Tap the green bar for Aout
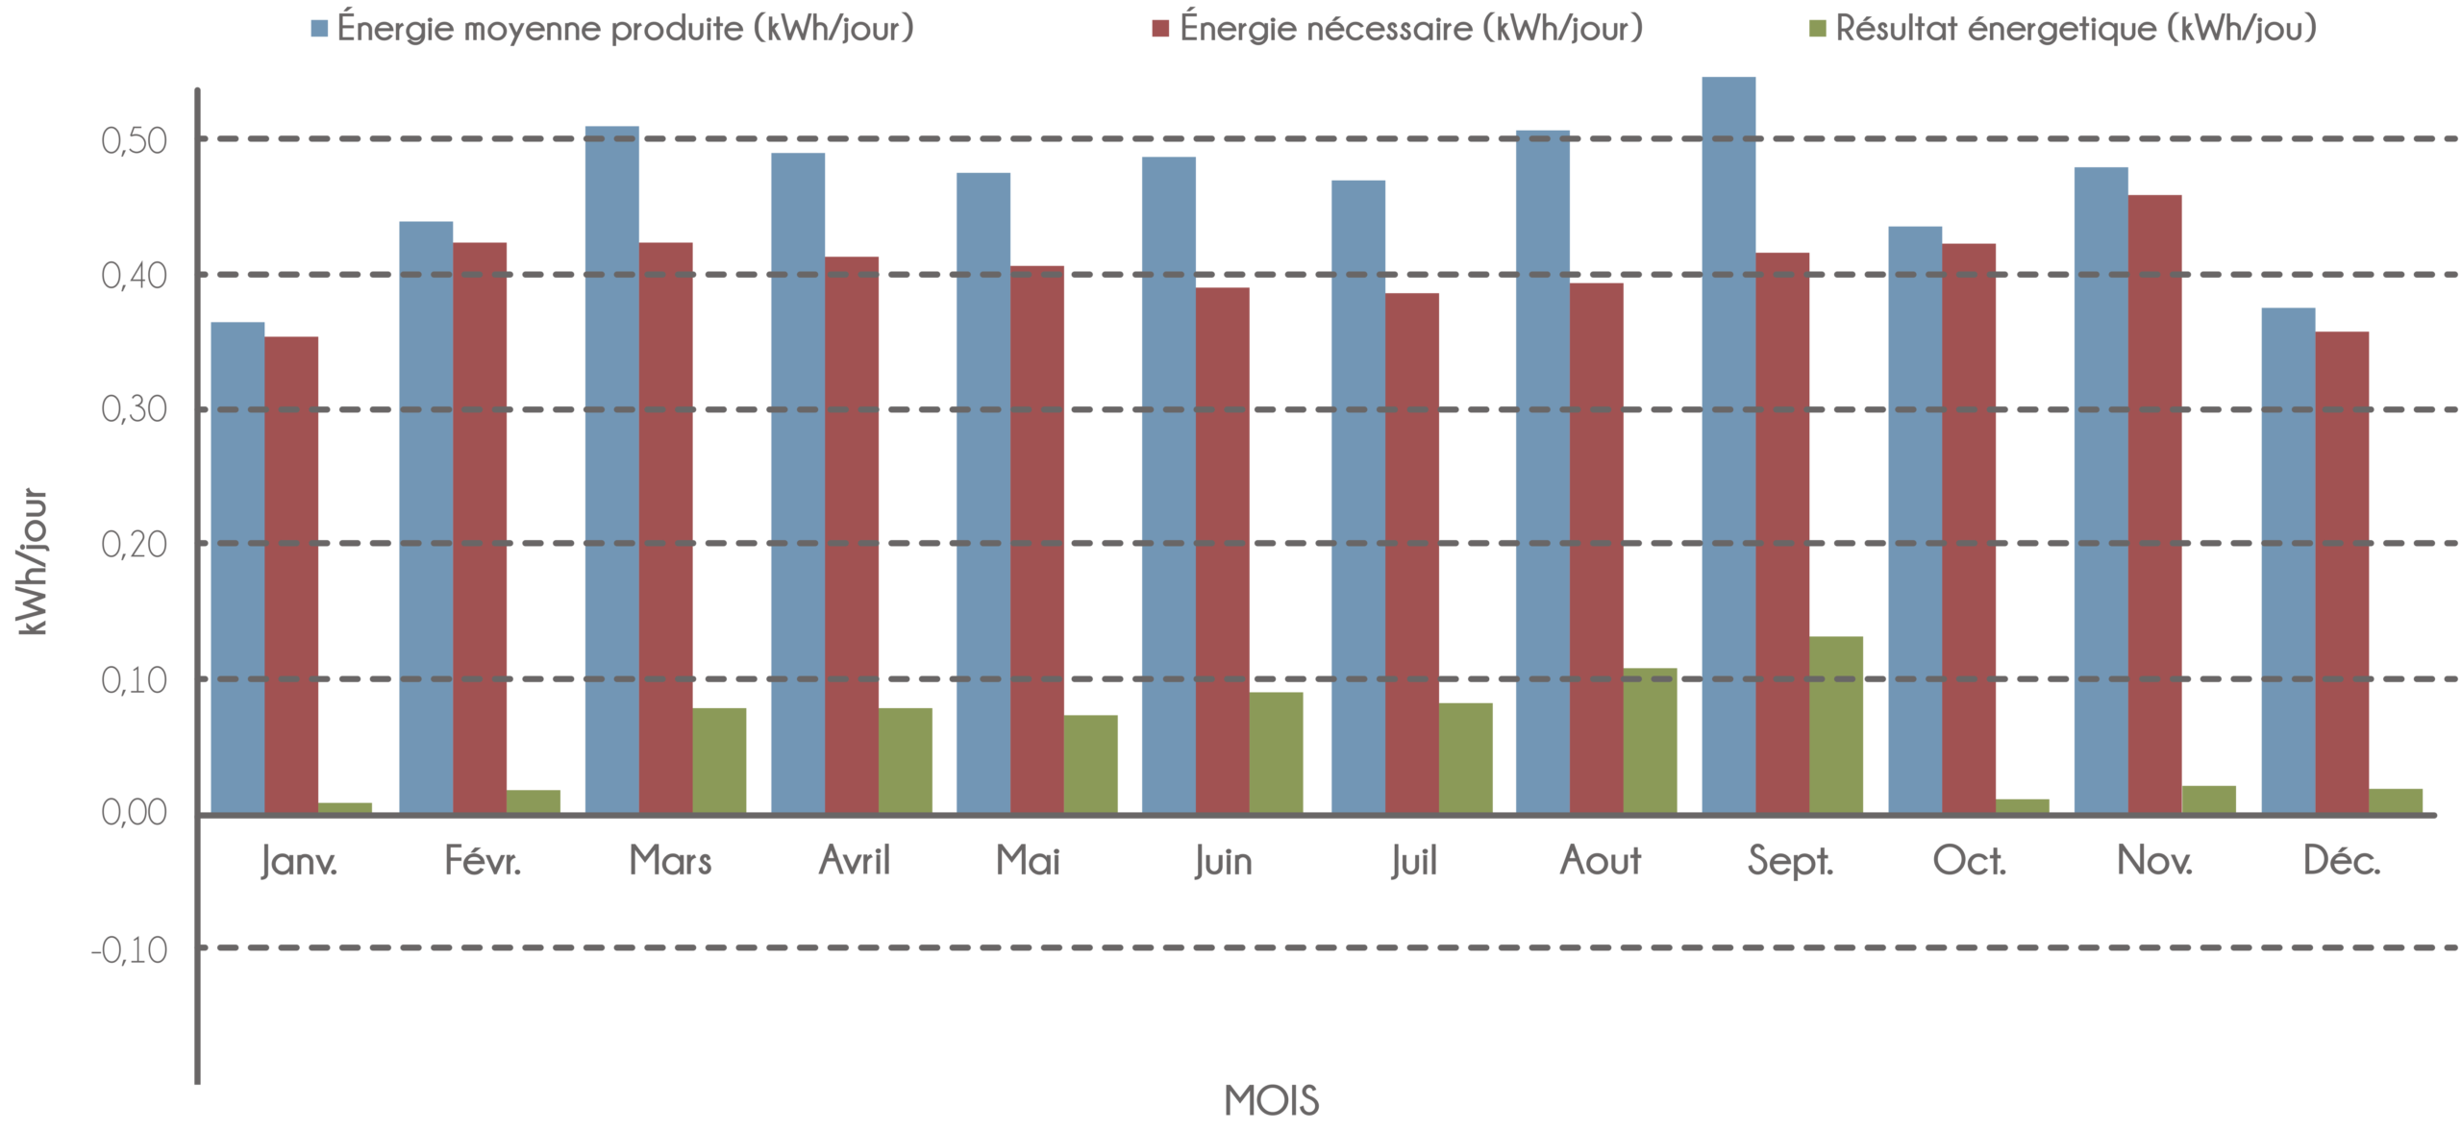[1651, 740]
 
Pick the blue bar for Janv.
[237, 567]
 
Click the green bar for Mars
[720, 760]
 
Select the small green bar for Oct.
[2023, 805]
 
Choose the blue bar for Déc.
[2288, 560]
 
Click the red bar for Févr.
[480, 528]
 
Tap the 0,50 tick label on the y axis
[134, 141]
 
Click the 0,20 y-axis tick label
[134, 545]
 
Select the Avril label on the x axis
[854, 861]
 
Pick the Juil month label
[1413, 862]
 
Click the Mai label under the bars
[1028, 861]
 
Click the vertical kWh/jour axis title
[33, 562]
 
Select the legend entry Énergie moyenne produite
[625, 29]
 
